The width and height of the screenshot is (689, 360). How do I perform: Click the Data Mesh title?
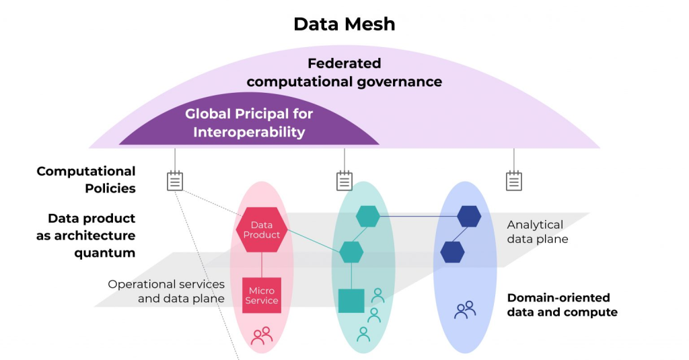pos(344,25)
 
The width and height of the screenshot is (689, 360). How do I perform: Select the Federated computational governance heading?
pos(344,73)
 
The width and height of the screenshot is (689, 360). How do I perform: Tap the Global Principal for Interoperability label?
pos(249,122)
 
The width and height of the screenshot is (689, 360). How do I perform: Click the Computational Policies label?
pos(86,180)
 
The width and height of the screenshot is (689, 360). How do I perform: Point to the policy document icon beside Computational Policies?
pos(175,180)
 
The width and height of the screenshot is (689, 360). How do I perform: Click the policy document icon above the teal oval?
pos(344,180)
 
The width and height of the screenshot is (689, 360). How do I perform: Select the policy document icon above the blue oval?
pos(514,180)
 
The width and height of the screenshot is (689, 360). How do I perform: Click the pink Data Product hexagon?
pos(262,230)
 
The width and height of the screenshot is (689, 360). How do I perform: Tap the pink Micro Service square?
pos(262,295)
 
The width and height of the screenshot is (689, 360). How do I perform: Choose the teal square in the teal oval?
pos(351,301)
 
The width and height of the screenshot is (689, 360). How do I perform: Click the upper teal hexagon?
pos(368,217)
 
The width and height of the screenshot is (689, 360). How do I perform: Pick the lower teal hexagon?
pos(351,252)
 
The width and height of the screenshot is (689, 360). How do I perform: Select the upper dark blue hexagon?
pos(469,217)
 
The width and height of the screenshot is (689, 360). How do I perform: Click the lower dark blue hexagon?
pos(452,252)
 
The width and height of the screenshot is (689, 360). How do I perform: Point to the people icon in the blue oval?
pos(465,310)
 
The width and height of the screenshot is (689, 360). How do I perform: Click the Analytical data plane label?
pos(538,232)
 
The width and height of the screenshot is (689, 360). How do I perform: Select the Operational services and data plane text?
pos(166,291)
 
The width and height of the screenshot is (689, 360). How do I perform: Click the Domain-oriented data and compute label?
pos(562,305)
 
